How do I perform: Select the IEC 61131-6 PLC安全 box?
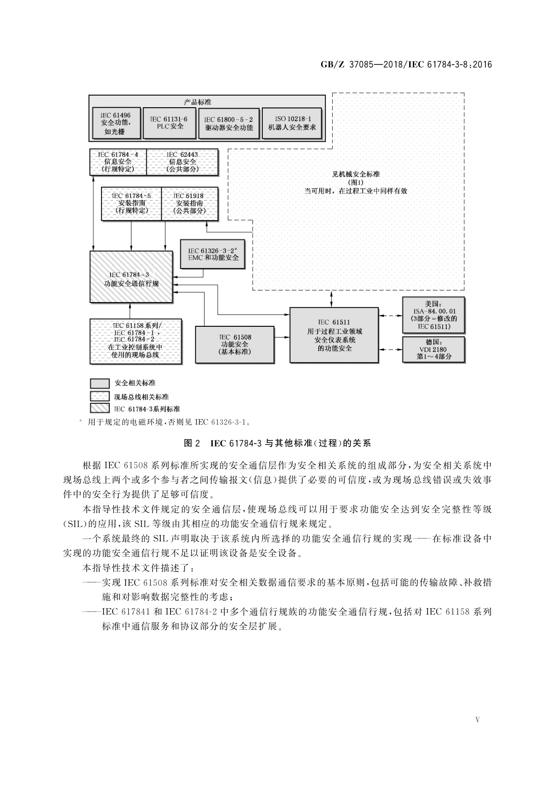(169, 123)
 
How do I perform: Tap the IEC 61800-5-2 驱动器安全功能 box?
(229, 123)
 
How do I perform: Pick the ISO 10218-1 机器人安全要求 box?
(292, 123)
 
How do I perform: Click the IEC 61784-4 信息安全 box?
(118, 162)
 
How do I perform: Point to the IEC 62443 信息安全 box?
(182, 162)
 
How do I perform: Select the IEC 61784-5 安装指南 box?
(131, 203)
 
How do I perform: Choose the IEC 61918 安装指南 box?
(189, 203)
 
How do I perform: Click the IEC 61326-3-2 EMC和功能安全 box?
(212, 254)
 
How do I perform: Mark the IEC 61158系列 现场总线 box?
(135, 341)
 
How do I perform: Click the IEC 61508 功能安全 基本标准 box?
(235, 344)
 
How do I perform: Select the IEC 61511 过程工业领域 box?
(334, 335)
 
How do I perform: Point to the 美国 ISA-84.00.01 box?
(433, 315)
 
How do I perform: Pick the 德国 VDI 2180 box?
(433, 349)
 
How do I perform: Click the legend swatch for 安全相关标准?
(99, 383)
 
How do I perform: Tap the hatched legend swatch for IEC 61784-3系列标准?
(99, 409)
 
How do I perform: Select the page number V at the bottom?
(477, 720)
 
